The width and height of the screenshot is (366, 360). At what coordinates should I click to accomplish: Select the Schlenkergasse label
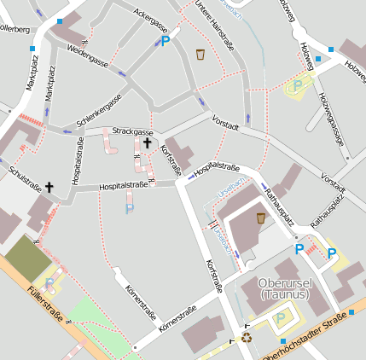click(99, 110)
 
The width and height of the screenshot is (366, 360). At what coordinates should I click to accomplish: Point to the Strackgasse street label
click(132, 132)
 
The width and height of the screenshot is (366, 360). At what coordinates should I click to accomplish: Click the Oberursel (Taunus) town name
click(285, 289)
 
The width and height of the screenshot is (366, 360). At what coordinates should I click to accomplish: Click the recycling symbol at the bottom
click(247, 337)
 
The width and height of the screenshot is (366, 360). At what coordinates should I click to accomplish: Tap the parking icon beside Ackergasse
click(166, 39)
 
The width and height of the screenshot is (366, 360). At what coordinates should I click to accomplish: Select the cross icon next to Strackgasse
click(147, 143)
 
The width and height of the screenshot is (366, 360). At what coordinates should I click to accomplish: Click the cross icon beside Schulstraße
click(49, 186)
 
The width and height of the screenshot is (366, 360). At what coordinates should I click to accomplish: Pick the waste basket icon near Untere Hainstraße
click(200, 55)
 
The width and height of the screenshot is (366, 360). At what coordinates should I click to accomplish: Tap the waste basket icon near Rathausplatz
click(260, 218)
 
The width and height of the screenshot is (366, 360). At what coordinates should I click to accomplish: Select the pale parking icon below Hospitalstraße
click(130, 208)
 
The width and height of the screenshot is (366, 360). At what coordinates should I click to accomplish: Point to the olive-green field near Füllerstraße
click(28, 258)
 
